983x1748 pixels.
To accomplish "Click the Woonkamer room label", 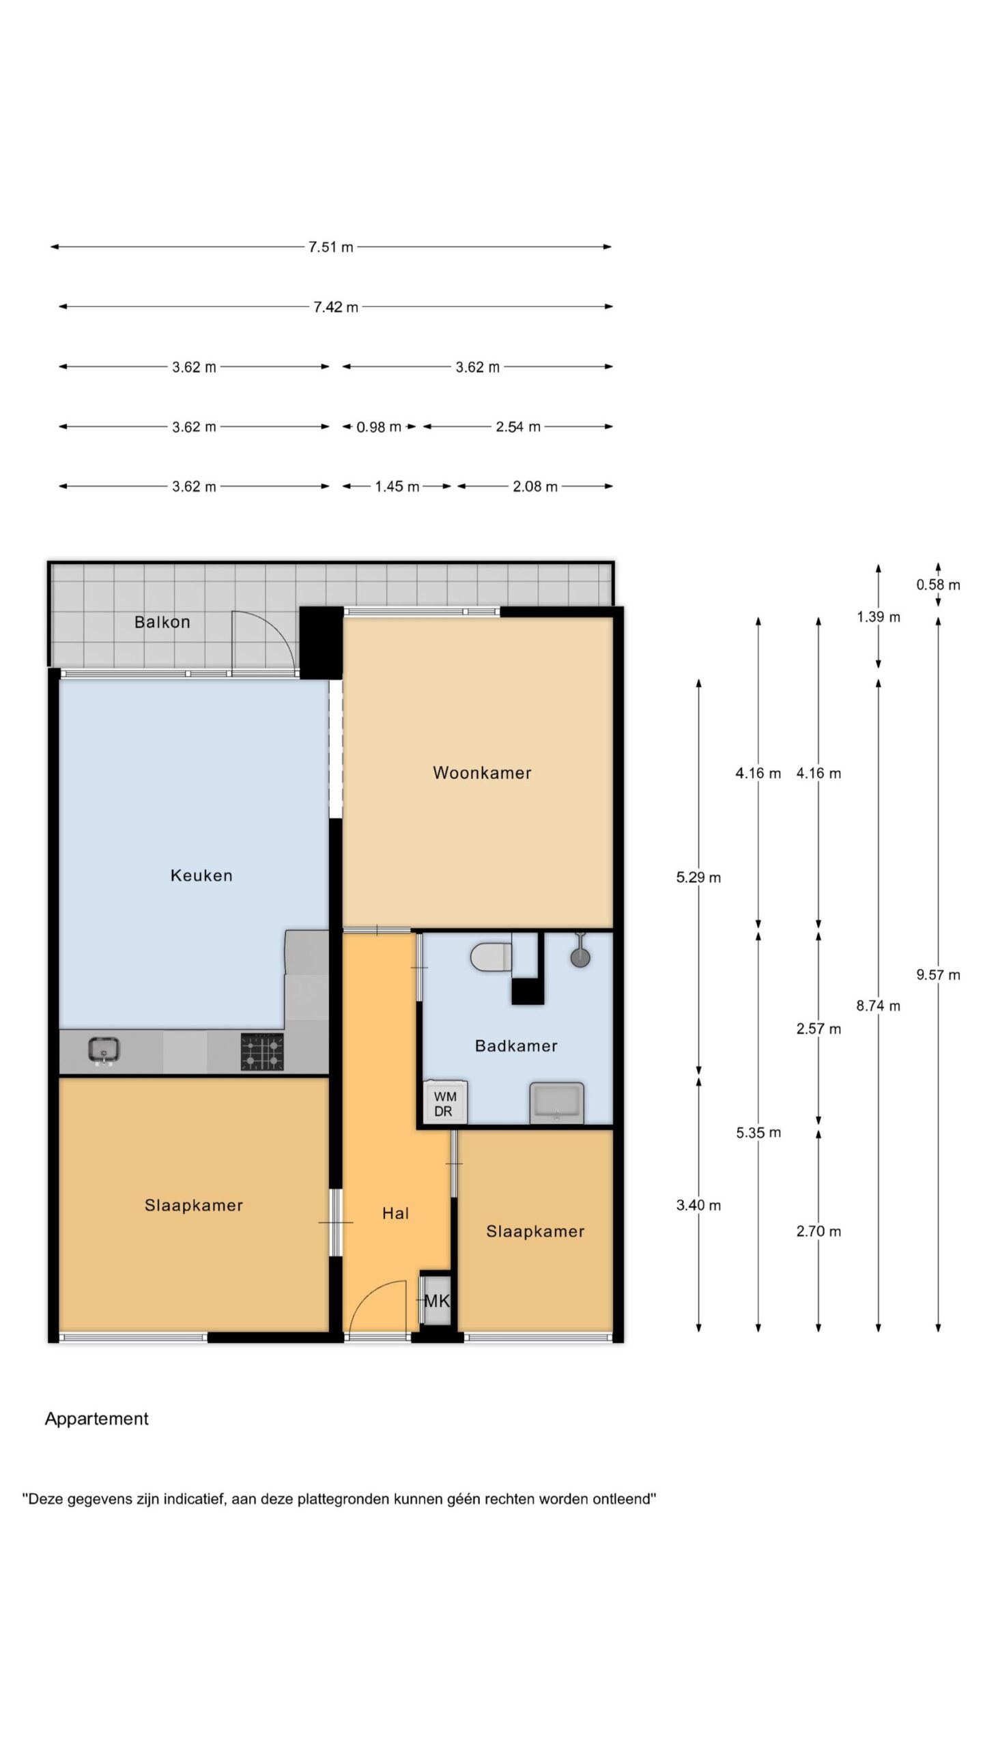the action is pos(482,773).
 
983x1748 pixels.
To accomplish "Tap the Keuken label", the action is pos(201,875).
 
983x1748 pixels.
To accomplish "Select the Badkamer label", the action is pos(516,1045).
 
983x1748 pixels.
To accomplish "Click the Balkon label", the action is pos(162,622).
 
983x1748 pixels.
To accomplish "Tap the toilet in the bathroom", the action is pos(491,956).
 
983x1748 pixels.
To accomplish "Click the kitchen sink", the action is pos(104,1049).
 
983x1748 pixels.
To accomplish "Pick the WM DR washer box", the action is pos(444,1102).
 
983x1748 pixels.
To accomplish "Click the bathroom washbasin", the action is pos(557,1102).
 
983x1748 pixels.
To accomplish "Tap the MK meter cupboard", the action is pos(436,1301).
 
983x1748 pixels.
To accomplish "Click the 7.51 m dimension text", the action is pos(331,247).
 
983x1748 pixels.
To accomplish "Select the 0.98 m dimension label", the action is pos(379,427).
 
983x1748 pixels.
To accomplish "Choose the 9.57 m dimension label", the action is pos(938,974).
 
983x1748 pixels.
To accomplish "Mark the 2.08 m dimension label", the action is pos(535,487).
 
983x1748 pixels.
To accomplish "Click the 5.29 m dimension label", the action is pos(698,877).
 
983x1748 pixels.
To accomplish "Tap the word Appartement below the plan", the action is pos(97,1419).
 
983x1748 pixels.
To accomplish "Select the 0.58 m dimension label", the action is pos(938,584).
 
